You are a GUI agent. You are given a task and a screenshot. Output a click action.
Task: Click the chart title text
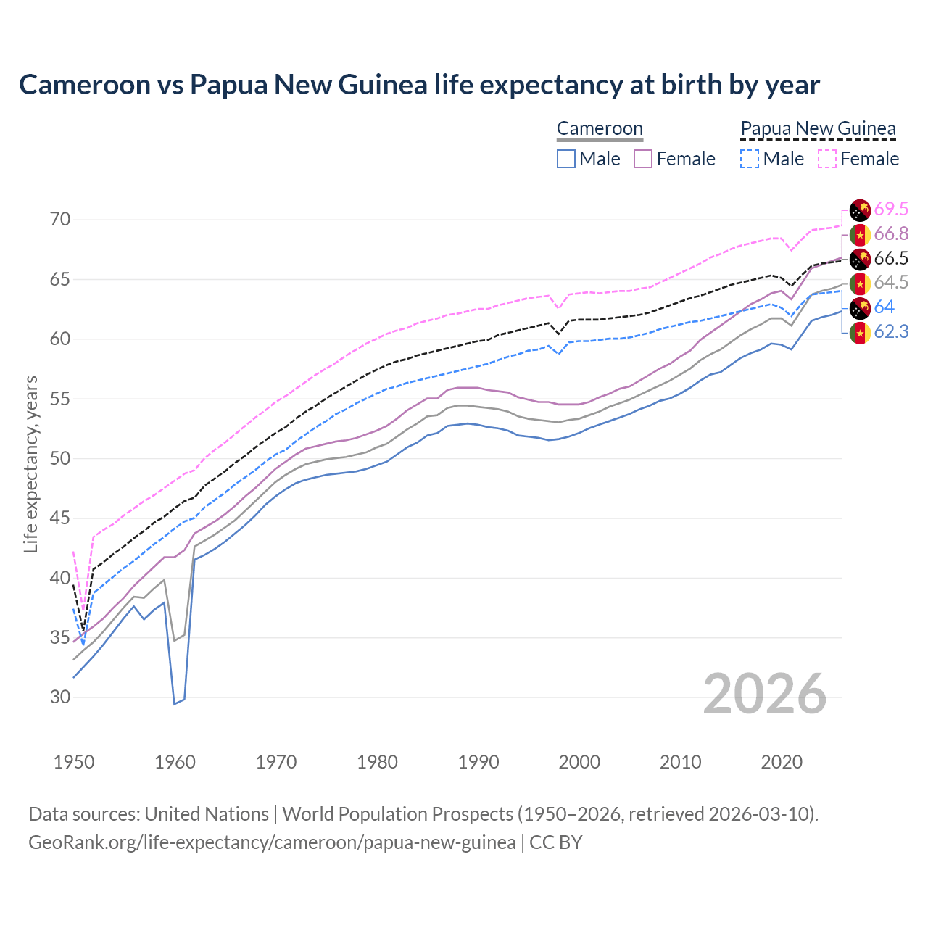419,85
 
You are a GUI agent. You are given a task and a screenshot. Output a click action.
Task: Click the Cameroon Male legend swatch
566,159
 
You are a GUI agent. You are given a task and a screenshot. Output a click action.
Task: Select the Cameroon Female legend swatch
643,159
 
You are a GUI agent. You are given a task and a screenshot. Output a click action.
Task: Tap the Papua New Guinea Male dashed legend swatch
750,159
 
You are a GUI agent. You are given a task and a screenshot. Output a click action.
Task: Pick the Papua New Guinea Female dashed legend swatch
827,159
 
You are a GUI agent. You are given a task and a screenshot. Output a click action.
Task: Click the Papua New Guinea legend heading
818,128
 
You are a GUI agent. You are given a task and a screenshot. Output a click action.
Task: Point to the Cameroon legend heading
600,128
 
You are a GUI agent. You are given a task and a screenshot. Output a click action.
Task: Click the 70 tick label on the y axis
60,219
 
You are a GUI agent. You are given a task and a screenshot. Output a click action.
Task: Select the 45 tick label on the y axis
60,518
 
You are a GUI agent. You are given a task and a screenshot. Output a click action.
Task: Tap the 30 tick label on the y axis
60,697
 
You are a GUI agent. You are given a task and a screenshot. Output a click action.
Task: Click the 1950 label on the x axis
74,762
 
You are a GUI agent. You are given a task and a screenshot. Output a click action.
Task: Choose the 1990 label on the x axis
478,762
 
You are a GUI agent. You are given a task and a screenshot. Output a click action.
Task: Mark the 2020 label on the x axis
782,762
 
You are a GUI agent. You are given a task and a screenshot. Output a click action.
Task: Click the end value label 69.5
891,210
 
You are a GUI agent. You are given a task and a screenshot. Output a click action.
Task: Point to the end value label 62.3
891,332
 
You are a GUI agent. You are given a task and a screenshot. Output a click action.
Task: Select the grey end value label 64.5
891,283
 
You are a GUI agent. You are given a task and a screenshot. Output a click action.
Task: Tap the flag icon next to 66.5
860,259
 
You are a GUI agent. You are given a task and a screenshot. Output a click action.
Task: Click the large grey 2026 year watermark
765,694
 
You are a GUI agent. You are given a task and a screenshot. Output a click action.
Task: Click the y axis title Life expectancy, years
30,464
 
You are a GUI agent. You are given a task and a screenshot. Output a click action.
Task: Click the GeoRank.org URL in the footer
272,842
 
